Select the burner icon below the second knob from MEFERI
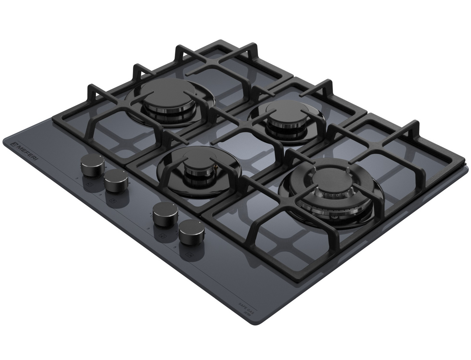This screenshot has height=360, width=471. click(113, 200)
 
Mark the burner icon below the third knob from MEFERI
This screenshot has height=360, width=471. click(163, 234)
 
